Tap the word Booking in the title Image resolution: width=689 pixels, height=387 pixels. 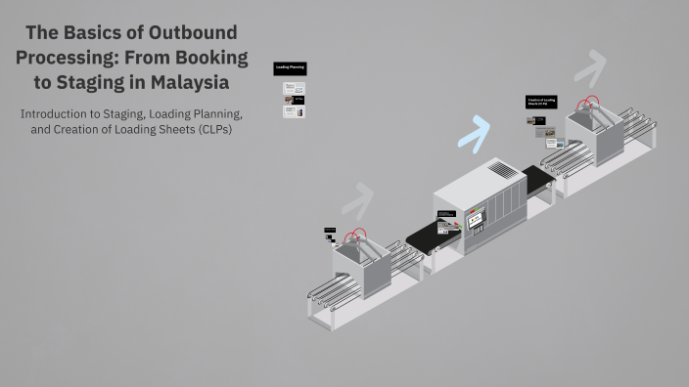pyautogui.click(x=204, y=58)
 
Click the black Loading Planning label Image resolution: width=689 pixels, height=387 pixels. pyautogui.click(x=290, y=68)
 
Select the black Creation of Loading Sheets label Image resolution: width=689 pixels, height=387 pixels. pyautogui.click(x=542, y=101)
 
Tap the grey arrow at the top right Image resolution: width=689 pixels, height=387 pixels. pyautogui.click(x=589, y=67)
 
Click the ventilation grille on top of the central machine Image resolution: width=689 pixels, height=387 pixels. pyautogui.click(x=501, y=170)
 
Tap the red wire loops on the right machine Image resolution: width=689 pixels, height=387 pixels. pyautogui.click(x=589, y=103)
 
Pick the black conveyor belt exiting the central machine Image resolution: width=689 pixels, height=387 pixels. pyautogui.click(x=538, y=180)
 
